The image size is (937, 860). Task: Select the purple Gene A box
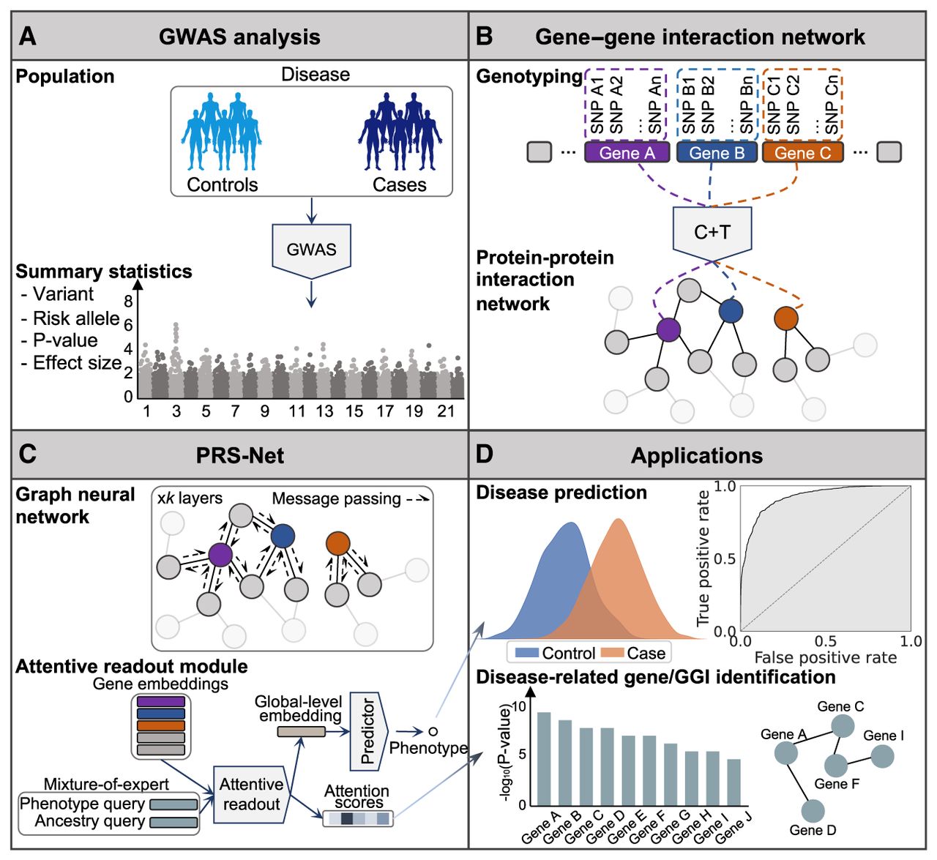[627, 152]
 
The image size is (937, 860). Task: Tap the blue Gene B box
[717, 152]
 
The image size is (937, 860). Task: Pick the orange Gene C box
[803, 152]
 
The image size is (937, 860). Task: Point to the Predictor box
[369, 731]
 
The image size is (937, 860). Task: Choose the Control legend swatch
[527, 653]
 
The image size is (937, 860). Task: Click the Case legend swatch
[613, 653]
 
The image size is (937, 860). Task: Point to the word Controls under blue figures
[223, 185]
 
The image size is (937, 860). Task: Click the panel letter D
[485, 454]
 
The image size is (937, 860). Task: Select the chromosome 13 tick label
[324, 411]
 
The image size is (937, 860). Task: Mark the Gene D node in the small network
[813, 811]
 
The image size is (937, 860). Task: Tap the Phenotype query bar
[173, 804]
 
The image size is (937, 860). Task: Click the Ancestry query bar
[173, 822]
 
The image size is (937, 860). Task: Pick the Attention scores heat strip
[358, 819]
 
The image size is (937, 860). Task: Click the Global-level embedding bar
[302, 731]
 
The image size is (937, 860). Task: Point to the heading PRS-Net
[239, 455]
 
